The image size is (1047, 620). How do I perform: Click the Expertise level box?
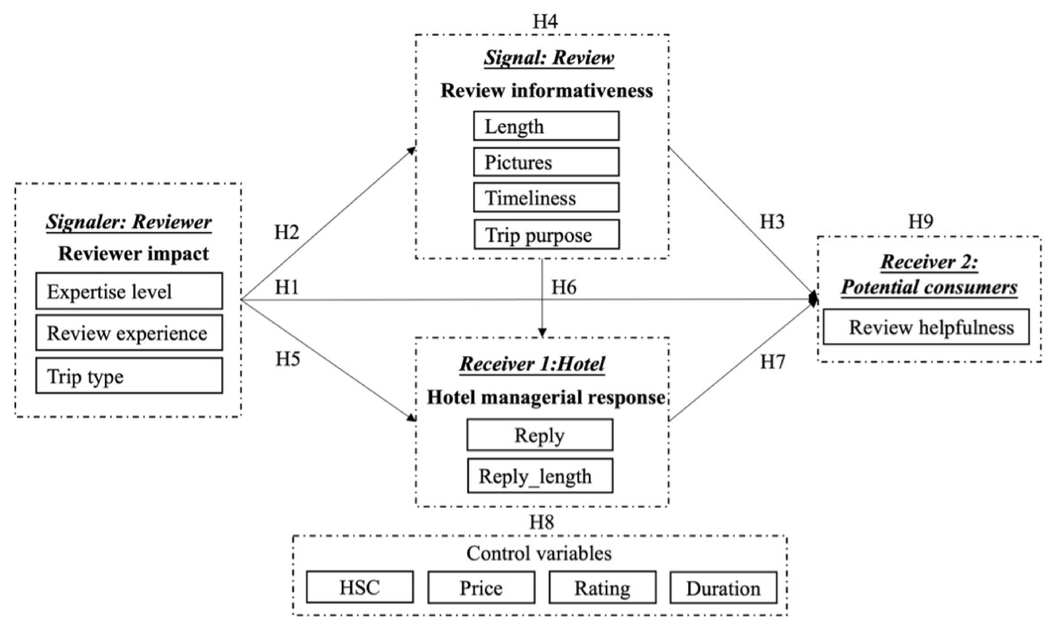(129, 291)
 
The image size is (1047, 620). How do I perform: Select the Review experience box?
(129, 333)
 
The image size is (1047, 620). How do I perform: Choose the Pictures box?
(546, 162)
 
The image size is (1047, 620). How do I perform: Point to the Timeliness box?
(546, 198)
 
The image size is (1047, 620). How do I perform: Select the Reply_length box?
(540, 476)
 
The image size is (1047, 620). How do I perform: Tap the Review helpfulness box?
(926, 327)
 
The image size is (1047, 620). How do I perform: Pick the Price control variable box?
(481, 587)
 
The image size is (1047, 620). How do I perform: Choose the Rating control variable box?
(602, 587)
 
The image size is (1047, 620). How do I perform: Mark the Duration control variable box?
(723, 587)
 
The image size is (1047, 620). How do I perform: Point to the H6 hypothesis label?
(564, 287)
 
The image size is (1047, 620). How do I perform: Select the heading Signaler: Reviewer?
(129, 222)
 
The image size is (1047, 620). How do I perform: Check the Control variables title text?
(539, 554)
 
